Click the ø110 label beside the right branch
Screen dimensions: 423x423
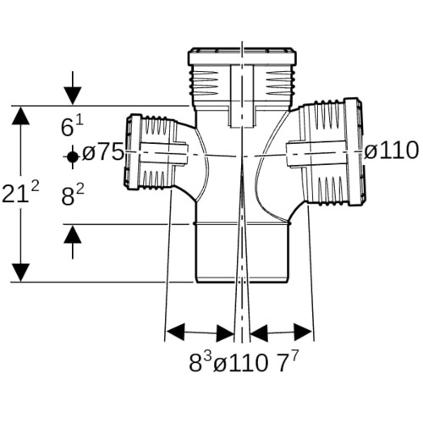(x=392, y=151)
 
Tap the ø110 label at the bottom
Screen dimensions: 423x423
(x=240, y=364)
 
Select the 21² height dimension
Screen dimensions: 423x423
(x=20, y=192)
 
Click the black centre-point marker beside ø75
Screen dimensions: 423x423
(x=73, y=157)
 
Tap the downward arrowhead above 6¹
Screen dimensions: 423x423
(x=73, y=96)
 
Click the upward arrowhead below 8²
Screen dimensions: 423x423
(x=73, y=234)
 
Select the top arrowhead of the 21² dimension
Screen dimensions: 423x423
(x=20, y=115)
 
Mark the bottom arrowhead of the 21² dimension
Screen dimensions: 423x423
(x=20, y=272)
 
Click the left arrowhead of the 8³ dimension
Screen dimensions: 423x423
(x=175, y=332)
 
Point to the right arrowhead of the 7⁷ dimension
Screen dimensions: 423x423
(x=303, y=332)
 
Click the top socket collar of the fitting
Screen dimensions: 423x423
(x=243, y=57)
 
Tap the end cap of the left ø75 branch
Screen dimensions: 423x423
(x=132, y=151)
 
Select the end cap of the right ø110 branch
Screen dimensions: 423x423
(x=355, y=151)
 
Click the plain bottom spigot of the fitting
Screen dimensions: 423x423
(x=243, y=253)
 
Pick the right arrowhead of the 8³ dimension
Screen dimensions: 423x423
(x=225, y=332)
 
